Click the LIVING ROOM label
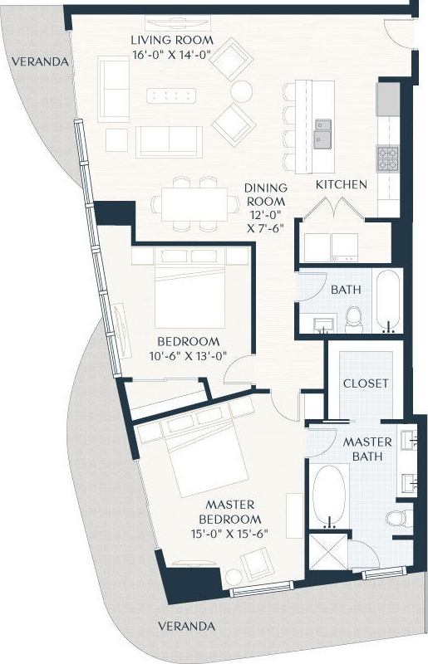click(x=173, y=40)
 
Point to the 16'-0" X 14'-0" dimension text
click(x=173, y=55)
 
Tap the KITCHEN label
click(x=341, y=184)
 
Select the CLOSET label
click(x=366, y=383)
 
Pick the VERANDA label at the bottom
click(x=188, y=626)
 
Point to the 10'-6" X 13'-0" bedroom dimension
click(x=189, y=356)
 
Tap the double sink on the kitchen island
click(x=323, y=134)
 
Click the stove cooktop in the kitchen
click(x=388, y=157)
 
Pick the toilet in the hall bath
click(x=354, y=318)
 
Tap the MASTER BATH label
click(x=362, y=450)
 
